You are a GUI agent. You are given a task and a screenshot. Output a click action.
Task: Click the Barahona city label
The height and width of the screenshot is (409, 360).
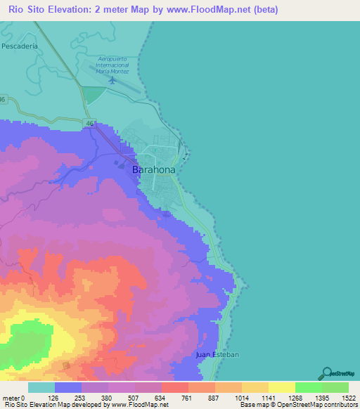(154, 169)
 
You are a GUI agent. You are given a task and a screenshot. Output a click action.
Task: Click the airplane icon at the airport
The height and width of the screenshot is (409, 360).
(112, 80)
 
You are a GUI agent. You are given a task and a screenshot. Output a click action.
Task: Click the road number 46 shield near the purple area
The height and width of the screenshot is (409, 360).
(89, 123)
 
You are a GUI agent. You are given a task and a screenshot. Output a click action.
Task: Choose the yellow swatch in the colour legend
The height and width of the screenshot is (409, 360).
(281, 387)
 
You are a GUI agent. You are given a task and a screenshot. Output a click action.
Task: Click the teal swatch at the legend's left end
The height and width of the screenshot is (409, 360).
(41, 387)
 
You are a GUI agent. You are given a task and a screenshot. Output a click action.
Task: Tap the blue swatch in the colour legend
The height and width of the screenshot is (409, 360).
(68, 387)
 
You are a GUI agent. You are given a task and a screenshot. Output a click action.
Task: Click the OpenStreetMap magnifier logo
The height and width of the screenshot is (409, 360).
(325, 372)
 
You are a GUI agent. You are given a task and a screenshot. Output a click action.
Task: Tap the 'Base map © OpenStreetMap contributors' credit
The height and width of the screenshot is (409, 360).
(297, 405)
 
